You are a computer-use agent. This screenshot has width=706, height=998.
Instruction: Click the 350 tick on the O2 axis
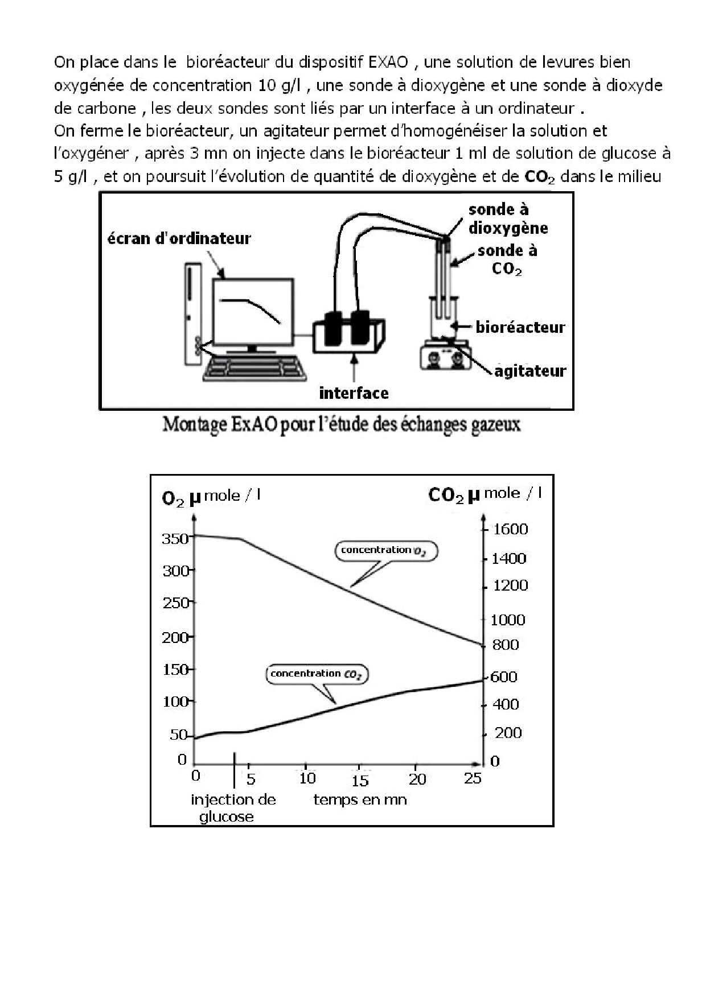coord(175,538)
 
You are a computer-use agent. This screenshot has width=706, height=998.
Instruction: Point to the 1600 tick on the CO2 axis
coord(510,529)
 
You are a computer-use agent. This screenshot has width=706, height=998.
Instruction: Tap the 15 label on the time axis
coord(360,781)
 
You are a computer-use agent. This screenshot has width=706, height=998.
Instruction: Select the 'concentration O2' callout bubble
coord(386,551)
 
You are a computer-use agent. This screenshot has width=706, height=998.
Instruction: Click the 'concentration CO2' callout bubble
coord(317,674)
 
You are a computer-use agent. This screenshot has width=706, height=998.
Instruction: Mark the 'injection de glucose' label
coord(233,808)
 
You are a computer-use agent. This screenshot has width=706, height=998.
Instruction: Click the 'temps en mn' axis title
coord(360,800)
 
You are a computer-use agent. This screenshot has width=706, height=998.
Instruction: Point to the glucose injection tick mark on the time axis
coord(234,770)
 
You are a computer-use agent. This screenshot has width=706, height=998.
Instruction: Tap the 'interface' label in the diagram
coord(354,393)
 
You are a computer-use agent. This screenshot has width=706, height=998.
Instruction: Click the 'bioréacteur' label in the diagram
coord(520,327)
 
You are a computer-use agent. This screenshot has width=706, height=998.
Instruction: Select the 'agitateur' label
coord(530,371)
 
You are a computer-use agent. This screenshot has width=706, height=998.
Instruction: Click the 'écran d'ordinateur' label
coord(179,238)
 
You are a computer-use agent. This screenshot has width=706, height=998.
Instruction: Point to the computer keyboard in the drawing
coord(255,368)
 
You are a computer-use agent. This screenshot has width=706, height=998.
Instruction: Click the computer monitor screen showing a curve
coord(253,311)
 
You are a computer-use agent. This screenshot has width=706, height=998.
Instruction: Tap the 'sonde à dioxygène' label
coord(508,219)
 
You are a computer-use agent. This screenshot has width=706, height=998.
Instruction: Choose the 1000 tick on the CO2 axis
coord(508,620)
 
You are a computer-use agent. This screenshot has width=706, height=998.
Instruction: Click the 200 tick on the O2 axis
coord(175,637)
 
